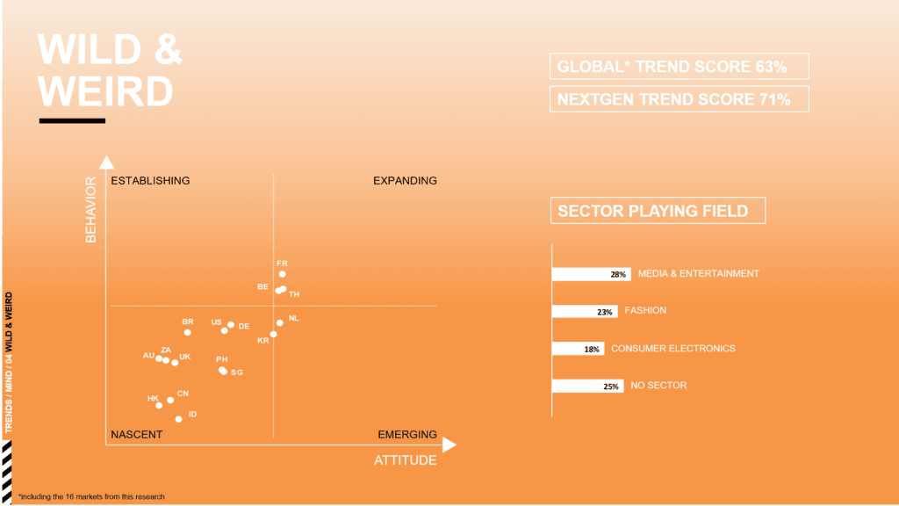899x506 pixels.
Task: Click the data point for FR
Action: pos(282,274)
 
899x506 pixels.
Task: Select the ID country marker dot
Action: pos(178,419)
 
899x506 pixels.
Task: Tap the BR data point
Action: pos(188,332)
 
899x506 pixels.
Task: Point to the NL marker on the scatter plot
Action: pos(280,323)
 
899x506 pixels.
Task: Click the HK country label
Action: pos(153,398)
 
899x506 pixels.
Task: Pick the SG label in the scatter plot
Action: pos(237,372)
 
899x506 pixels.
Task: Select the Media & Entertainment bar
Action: pos(591,274)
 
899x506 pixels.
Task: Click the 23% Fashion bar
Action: pos(585,312)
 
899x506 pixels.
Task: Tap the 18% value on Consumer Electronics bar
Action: pos(592,349)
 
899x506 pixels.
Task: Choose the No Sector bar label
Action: pos(658,386)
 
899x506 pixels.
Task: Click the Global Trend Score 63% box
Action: pos(680,67)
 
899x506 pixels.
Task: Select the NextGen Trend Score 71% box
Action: pos(680,99)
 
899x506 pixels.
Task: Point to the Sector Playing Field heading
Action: pos(658,211)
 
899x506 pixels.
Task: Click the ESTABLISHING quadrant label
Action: pos(150,181)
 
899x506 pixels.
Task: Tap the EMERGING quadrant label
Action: pos(407,434)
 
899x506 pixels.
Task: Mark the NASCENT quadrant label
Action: pos(136,434)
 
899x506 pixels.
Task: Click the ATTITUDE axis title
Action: pos(406,460)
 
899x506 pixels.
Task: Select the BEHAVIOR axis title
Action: pos(90,209)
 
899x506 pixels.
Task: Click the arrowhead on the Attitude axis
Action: pos(449,445)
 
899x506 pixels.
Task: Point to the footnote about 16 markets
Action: pos(91,497)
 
